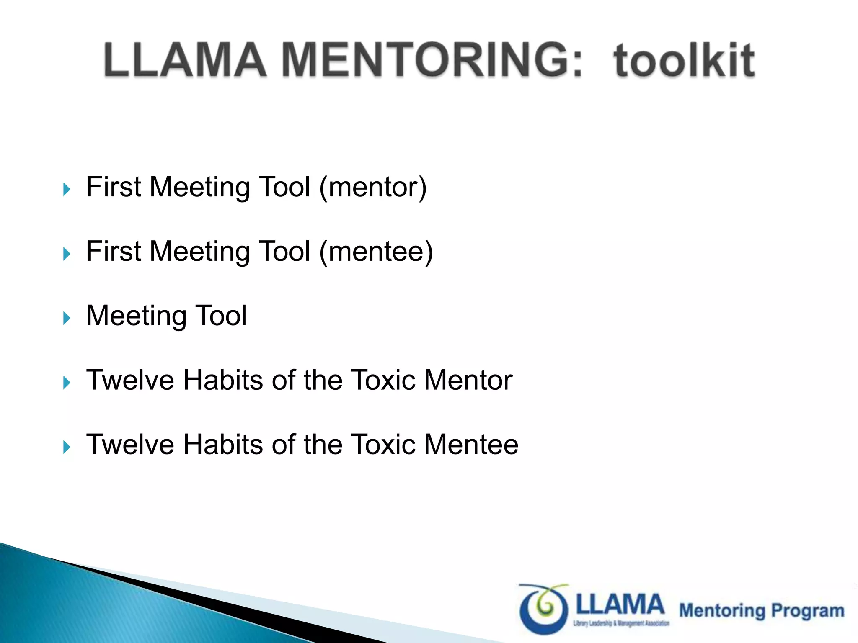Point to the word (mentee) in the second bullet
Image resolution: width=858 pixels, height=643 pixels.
click(376, 251)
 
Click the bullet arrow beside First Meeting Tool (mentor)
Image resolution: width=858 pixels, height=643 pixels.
click(67, 189)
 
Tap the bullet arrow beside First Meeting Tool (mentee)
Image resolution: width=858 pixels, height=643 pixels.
click(67, 254)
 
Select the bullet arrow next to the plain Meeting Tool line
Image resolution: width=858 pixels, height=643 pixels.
click(67, 318)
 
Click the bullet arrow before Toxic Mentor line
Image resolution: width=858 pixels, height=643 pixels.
click(67, 383)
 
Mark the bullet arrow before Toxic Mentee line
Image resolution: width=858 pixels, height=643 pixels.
click(67, 447)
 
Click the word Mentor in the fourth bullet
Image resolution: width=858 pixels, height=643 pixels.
click(468, 380)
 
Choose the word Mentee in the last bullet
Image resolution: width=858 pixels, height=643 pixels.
click(471, 445)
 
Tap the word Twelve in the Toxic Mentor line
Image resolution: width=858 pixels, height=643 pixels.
click(130, 380)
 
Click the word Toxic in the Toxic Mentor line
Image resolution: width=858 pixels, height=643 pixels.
click(383, 380)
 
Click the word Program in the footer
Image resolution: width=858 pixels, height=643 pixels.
click(808, 611)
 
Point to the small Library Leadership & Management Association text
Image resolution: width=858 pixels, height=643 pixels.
click(621, 624)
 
